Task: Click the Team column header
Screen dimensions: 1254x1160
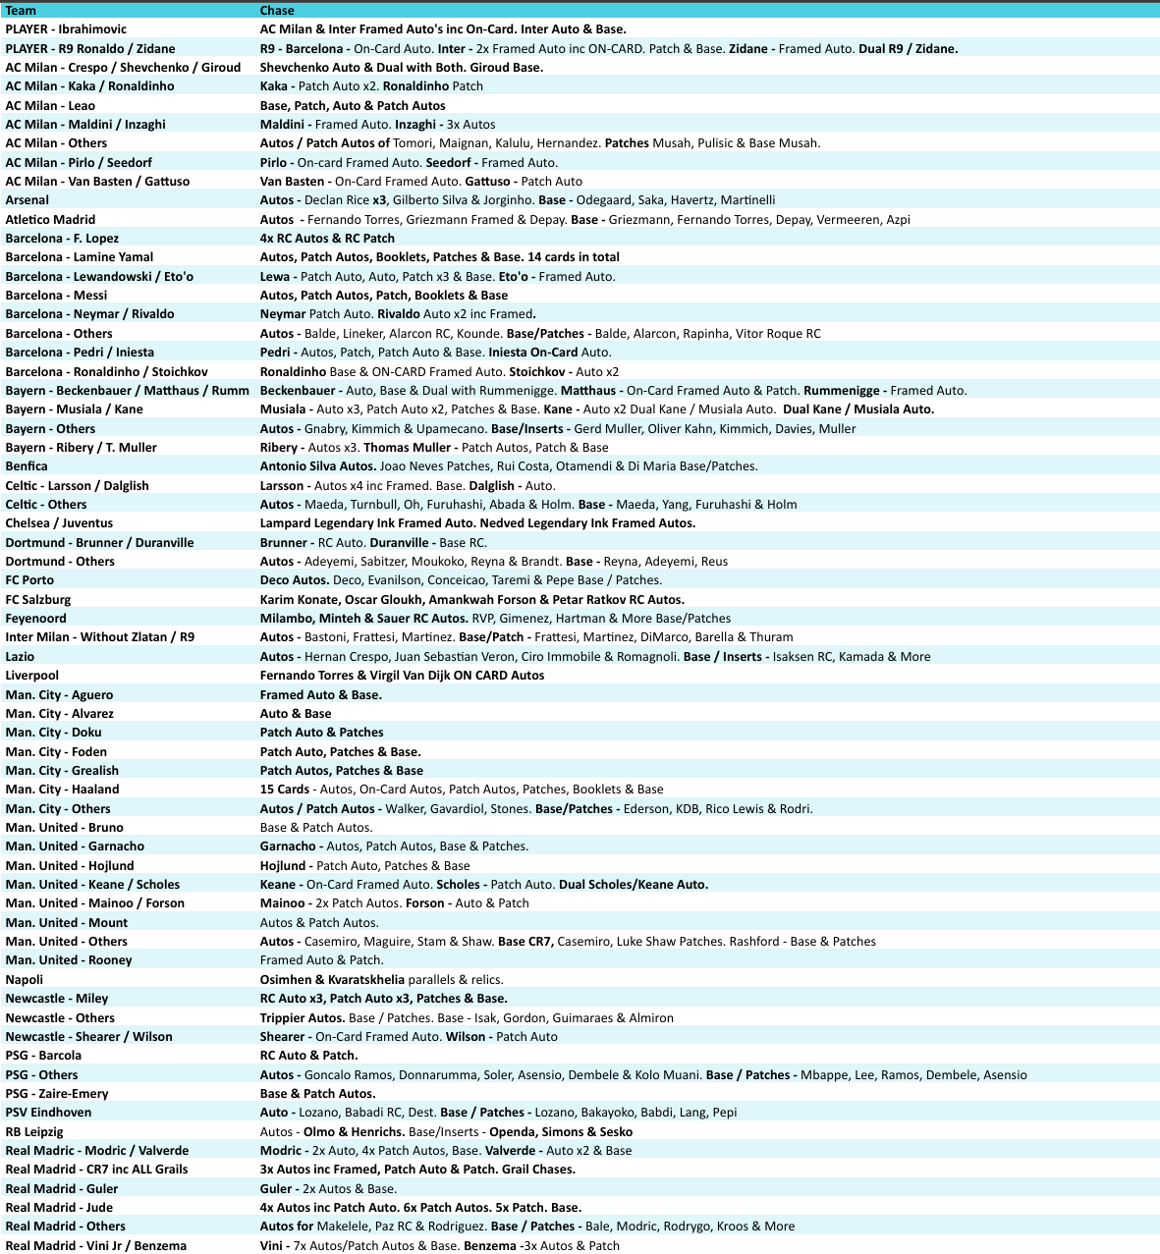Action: click(21, 11)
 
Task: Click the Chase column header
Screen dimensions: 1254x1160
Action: click(277, 11)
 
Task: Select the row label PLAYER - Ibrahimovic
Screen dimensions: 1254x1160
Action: click(66, 29)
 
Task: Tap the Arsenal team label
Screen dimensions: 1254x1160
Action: click(27, 200)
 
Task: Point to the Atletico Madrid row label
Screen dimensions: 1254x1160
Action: click(50, 219)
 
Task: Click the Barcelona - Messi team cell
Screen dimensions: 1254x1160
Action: click(56, 296)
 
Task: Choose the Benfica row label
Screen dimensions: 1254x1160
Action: click(27, 466)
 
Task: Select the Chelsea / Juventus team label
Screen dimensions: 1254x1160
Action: click(59, 523)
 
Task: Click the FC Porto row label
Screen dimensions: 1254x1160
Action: click(29, 580)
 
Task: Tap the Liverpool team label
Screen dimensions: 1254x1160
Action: click(31, 676)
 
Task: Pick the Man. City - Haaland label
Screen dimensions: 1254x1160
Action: click(62, 790)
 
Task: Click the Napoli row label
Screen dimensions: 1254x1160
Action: click(25, 979)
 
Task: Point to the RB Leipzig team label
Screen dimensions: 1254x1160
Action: click(33, 1131)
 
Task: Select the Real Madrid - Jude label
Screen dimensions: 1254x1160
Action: click(59, 1208)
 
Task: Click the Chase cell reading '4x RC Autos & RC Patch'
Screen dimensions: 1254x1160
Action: click(327, 239)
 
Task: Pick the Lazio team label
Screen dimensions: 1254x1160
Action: click(20, 657)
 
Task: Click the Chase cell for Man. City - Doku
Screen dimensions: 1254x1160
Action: click(321, 733)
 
